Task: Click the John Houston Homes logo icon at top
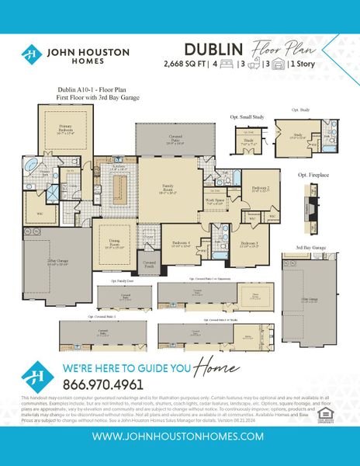pyautogui.click(x=32, y=54)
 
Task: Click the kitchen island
pyautogui.click(x=119, y=190)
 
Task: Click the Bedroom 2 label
pyautogui.click(x=261, y=189)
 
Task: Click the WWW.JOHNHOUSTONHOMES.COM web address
pyautogui.click(x=180, y=437)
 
